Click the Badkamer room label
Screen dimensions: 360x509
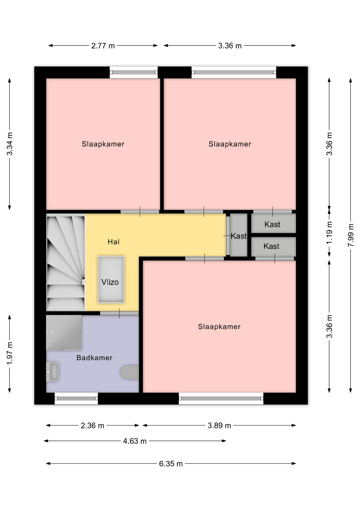tap(94, 358)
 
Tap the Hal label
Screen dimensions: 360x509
tap(113, 242)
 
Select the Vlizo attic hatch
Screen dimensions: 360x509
tap(111, 279)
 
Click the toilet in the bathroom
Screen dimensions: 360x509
tap(129, 372)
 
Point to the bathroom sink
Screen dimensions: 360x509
tap(52, 372)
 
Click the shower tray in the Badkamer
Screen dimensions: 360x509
tap(64, 333)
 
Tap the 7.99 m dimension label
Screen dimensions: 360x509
tap(351, 235)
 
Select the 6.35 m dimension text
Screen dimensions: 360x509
tap(171, 464)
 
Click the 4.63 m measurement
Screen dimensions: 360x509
tap(135, 441)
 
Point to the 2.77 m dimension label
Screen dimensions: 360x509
tap(103, 46)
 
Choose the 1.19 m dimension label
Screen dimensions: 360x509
tap(329, 233)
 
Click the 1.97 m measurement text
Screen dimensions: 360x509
tap(10, 353)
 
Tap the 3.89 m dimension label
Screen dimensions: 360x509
tap(219, 426)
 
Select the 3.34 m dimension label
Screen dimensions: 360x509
tap(10, 144)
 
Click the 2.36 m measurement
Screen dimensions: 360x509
tap(92, 426)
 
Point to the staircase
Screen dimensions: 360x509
tap(66, 262)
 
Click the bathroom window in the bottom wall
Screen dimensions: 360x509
tap(76, 398)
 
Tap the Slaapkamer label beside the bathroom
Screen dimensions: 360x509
tap(219, 327)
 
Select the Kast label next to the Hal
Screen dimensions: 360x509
tap(239, 236)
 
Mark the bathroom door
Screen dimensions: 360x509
tap(119, 313)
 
